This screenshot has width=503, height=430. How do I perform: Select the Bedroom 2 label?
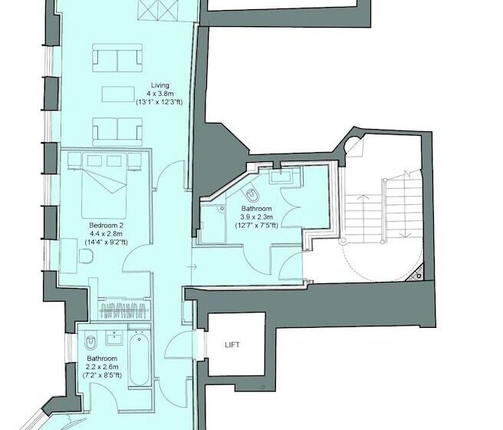point(107,224)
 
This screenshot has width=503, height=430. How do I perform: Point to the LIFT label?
point(232,345)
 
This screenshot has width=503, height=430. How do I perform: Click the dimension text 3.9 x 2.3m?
point(256,217)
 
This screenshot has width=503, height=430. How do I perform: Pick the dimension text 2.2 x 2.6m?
point(101,367)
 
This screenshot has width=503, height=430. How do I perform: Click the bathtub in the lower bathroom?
point(139,359)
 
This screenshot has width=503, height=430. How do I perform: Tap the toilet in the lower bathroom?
point(91,341)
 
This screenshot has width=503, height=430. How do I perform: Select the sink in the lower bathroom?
point(117,339)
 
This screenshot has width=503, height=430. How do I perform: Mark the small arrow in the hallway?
point(194,266)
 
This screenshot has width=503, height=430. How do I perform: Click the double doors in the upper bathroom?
point(290,198)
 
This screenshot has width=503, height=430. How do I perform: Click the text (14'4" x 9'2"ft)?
point(107,242)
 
